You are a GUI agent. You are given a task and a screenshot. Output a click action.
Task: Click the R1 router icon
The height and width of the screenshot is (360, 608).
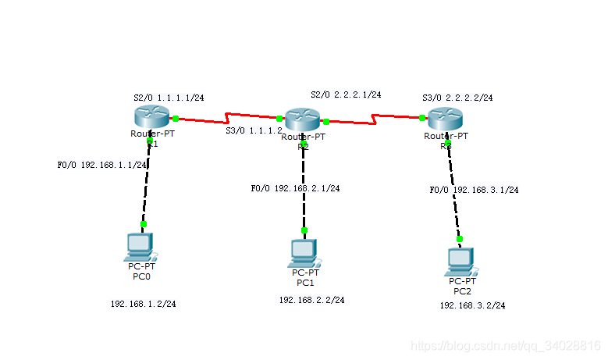coord(150,117)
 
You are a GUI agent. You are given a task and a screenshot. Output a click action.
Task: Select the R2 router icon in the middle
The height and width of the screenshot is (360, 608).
coord(302,119)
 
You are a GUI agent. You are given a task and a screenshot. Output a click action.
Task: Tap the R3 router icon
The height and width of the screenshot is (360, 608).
coord(445,119)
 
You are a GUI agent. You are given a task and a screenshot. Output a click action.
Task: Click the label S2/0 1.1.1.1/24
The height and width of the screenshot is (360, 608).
coord(169,98)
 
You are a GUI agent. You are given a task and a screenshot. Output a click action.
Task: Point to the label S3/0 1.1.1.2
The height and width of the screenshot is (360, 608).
coord(254,130)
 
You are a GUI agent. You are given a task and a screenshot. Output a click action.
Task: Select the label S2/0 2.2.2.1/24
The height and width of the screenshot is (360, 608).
coord(346,94)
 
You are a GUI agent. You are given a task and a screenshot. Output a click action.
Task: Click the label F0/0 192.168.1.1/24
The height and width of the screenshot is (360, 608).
coord(102,166)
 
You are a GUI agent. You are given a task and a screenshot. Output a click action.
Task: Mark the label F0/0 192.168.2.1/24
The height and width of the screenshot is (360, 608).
coord(295,188)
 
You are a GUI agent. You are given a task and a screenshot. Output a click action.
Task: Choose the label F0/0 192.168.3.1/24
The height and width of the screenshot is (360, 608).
coord(474,190)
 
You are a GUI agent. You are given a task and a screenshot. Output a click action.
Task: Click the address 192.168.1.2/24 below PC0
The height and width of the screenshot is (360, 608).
coord(143,304)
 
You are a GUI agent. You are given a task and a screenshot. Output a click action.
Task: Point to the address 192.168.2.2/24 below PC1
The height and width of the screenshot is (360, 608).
coord(311,299)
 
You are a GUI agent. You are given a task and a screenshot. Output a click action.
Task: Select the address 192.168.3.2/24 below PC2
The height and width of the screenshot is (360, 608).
coord(472,305)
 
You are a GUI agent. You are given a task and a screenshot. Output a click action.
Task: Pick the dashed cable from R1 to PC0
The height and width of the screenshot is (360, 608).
coord(146,187)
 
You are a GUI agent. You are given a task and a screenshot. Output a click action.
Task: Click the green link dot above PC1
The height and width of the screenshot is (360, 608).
coord(304,230)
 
